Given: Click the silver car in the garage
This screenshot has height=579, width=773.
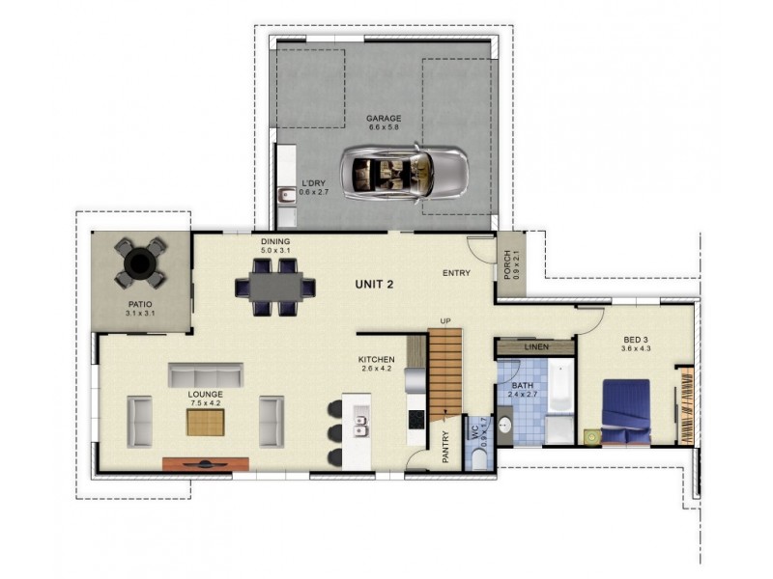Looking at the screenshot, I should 404,173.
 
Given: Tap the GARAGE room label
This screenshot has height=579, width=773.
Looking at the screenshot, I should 384,120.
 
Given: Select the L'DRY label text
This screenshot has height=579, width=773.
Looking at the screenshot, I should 312,182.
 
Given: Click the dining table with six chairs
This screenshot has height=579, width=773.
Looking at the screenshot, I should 275,286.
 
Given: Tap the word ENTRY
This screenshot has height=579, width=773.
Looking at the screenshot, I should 456,273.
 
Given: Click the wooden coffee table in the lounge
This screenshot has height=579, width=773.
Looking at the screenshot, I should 206,422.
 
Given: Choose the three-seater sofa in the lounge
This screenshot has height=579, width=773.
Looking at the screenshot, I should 206,374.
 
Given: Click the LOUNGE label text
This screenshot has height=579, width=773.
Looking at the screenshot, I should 206,395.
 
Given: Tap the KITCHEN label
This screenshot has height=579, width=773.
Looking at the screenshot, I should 376,360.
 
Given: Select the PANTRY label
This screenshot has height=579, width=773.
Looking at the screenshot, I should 445,447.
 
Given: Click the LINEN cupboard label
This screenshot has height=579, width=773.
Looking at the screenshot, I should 535,346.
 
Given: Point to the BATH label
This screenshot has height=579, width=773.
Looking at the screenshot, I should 523,385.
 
